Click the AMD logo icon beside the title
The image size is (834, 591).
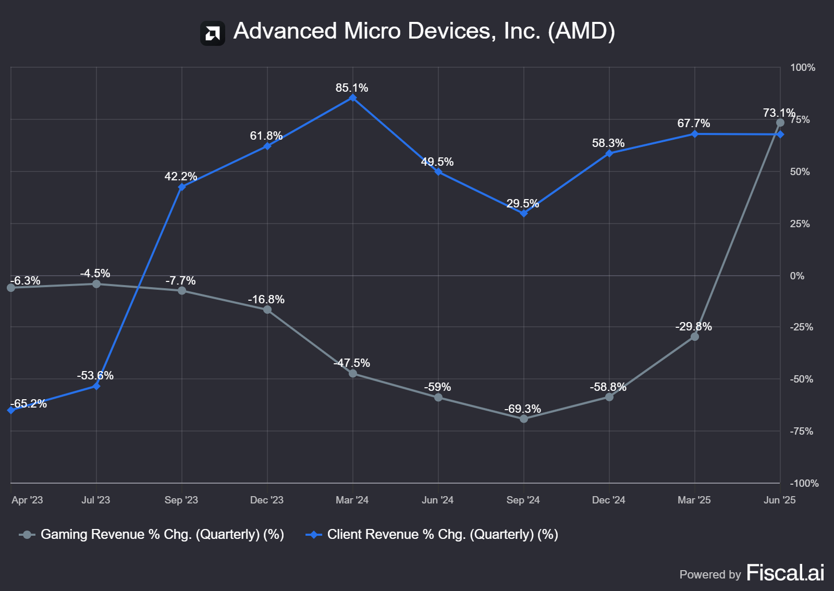[213, 33]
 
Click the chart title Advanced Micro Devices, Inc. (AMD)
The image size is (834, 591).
[424, 31]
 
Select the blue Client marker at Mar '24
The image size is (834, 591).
[353, 98]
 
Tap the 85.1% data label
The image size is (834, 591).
[352, 88]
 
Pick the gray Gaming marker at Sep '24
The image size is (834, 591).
[524, 418]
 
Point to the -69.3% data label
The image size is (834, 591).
[523, 409]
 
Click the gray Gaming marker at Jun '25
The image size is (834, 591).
[780, 122]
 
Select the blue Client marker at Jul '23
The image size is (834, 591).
[96, 386]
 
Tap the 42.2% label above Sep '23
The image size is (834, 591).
[181, 176]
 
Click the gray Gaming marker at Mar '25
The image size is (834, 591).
[695, 337]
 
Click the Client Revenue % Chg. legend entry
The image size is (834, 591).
[442, 535]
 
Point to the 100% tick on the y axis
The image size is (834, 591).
[802, 68]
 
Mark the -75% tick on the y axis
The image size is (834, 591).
[801, 432]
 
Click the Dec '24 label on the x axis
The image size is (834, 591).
[608, 500]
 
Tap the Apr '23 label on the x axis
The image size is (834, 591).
[27, 500]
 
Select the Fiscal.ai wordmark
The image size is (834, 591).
[785, 573]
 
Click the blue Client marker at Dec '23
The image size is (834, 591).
[267, 146]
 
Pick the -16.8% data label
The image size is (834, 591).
[266, 299]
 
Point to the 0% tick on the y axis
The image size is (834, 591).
[797, 276]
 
